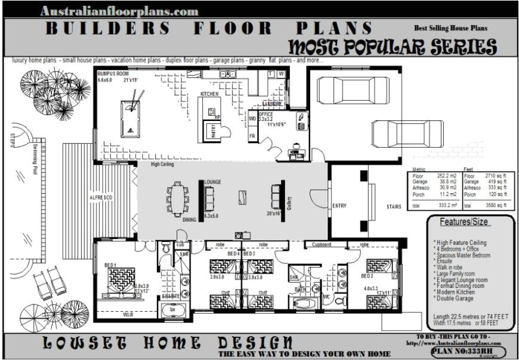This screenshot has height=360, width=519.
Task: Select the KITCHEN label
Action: tap(209, 94)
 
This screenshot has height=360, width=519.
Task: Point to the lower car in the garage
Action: tap(397, 131)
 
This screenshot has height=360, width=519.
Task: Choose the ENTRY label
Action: tap(339, 206)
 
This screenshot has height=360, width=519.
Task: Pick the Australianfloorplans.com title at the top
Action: tap(119, 11)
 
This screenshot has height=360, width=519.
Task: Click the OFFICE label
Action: tap(266, 114)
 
